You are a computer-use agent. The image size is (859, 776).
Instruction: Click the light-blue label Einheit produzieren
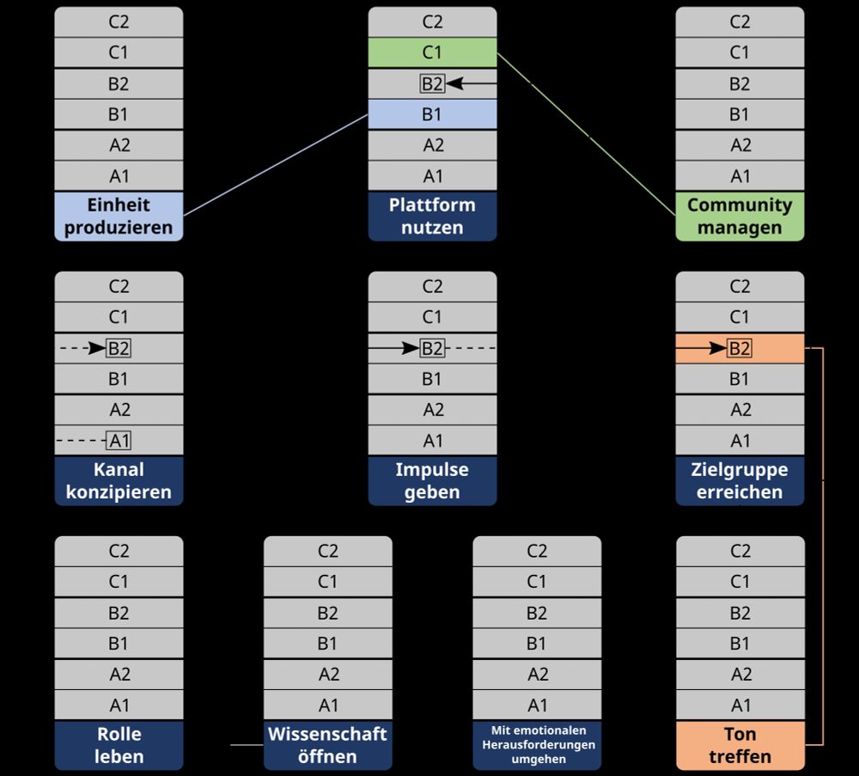pyautogui.click(x=119, y=217)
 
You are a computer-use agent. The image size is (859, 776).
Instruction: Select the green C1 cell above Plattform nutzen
pyautogui.click(x=432, y=52)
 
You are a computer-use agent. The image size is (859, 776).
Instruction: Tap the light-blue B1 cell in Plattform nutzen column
pyautogui.click(x=432, y=114)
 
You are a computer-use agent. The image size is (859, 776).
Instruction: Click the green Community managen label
pyautogui.click(x=740, y=217)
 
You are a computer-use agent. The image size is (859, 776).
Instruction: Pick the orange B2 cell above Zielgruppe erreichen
pyautogui.click(x=740, y=348)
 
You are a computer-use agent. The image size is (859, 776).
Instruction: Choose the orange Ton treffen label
pyautogui.click(x=740, y=745)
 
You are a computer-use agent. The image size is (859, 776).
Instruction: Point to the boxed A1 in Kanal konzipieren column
pyautogui.click(x=119, y=441)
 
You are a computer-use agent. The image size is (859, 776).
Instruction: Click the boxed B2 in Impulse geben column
pyautogui.click(x=432, y=348)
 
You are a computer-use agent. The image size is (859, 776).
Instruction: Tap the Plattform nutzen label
pyautogui.click(x=432, y=217)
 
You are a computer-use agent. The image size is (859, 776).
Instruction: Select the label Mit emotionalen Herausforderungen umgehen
pyautogui.click(x=537, y=745)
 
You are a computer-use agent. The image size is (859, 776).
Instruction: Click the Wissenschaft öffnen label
pyautogui.click(x=327, y=745)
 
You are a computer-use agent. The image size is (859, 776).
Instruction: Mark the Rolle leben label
pyautogui.click(x=119, y=745)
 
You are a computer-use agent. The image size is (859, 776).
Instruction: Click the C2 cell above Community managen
pyautogui.click(x=740, y=22)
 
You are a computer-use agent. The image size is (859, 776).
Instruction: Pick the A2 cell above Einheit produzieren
pyautogui.click(x=119, y=145)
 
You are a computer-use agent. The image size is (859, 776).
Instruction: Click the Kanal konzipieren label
pyautogui.click(x=119, y=481)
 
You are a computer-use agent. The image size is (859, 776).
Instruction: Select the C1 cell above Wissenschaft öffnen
pyautogui.click(x=327, y=582)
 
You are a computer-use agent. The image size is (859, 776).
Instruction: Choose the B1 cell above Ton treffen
pyautogui.click(x=740, y=644)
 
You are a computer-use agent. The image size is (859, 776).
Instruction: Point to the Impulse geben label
pyautogui.click(x=432, y=481)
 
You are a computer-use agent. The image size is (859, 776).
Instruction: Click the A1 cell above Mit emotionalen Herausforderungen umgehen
pyautogui.click(x=537, y=706)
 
